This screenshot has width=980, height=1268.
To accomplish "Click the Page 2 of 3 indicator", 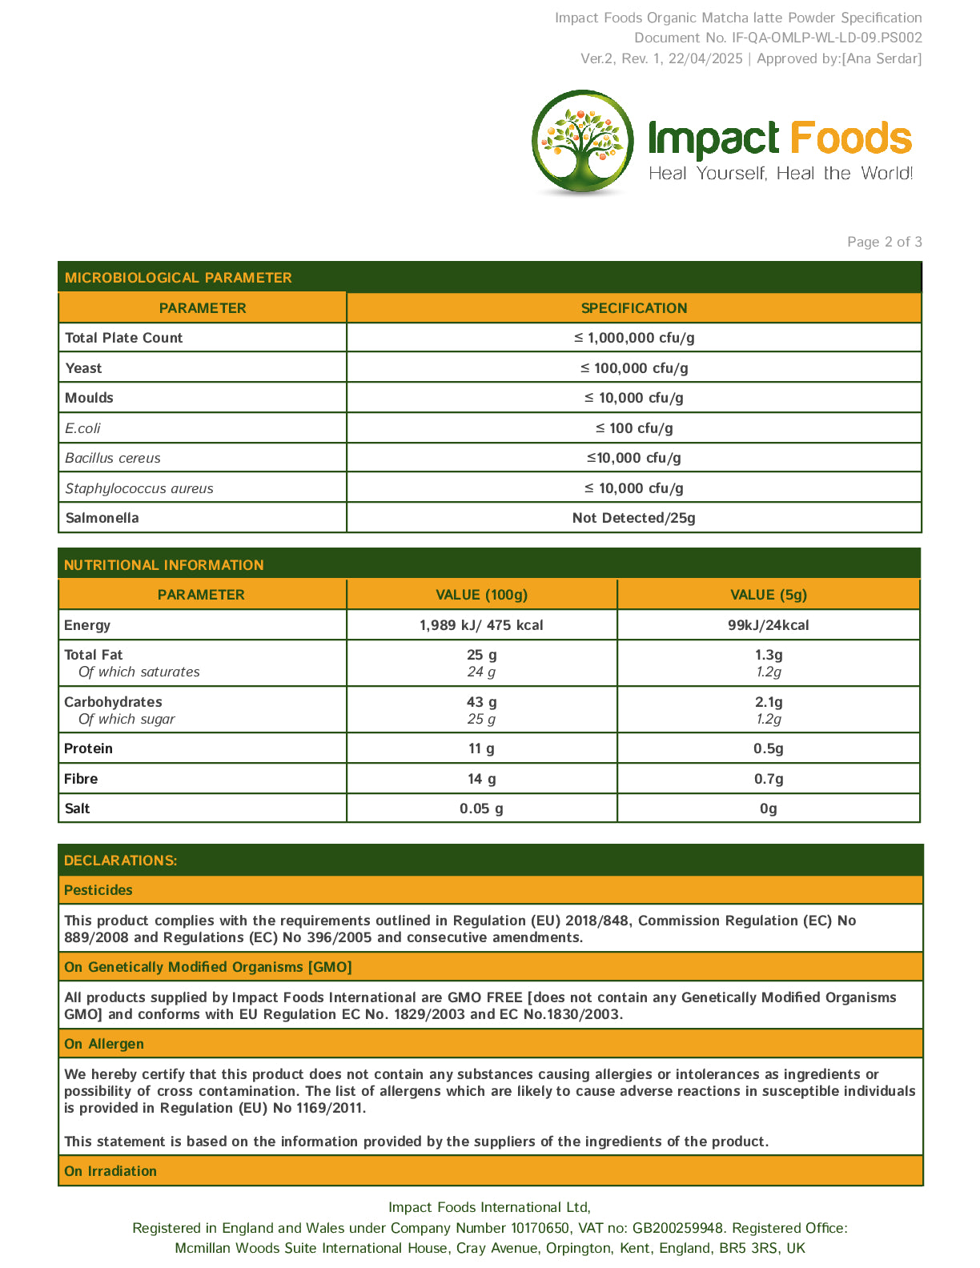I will point(884,242).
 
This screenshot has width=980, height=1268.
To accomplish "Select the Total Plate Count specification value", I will point(633,338).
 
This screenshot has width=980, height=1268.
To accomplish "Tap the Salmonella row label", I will point(102,518).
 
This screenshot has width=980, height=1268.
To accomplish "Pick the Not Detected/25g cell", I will point(633,518).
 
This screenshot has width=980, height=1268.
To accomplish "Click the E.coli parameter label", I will point(83,428).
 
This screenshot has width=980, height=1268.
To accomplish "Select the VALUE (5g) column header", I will point(768,595).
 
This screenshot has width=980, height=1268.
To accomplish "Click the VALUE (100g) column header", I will point(481,595).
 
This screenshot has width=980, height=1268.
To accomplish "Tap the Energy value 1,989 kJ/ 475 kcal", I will point(481,625).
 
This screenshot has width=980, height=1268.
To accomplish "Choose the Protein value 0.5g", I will point(768,748).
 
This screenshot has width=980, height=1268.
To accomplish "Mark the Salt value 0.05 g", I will point(481,809).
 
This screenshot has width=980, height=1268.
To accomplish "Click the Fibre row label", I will point(81,779).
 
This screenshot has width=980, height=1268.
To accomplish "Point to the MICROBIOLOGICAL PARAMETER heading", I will point(179,278).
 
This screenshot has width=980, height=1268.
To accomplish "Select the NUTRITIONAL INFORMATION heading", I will point(164,565).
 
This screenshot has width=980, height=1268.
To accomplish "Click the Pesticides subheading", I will point(98,890).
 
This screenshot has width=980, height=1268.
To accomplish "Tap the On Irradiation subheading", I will point(110,1171).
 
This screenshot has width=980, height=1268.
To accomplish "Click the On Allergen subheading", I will point(104,1044).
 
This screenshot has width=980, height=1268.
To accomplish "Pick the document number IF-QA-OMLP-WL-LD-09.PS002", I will point(826,38).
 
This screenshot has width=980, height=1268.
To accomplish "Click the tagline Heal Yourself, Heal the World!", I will point(781,174).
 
